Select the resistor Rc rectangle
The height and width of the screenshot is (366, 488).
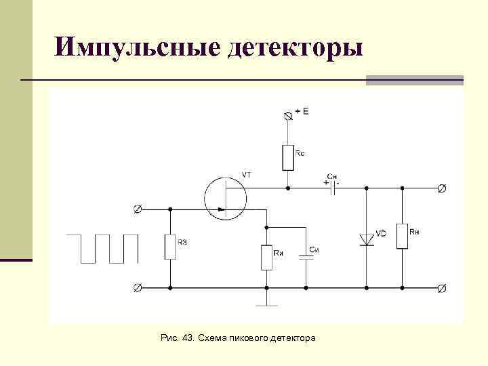[289, 157]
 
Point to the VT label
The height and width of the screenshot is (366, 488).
[246, 175]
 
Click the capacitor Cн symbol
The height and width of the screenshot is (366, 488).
[333, 188]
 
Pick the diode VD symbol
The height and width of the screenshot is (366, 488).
[366, 239]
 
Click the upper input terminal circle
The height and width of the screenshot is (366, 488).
[138, 209]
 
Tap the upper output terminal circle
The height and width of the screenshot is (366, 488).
[442, 188]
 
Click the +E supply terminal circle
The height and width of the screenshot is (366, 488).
[289, 117]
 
